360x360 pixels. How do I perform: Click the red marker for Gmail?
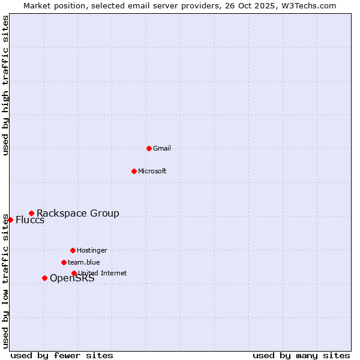click(x=149, y=148)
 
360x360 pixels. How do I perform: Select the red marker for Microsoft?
click(x=134, y=171)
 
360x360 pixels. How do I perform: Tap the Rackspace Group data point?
click(x=31, y=213)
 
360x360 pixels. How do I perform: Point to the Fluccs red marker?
click(x=10, y=220)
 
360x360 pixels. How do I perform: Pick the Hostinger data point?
click(x=73, y=250)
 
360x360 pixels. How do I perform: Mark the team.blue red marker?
click(x=64, y=262)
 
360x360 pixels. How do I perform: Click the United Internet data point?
click(x=74, y=273)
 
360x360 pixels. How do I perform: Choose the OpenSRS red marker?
click(x=44, y=278)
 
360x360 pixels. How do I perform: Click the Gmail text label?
click(x=162, y=148)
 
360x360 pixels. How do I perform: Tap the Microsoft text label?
click(x=152, y=171)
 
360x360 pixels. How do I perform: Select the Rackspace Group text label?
click(x=78, y=213)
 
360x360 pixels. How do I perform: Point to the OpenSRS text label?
click(x=72, y=278)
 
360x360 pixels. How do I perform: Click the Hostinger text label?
click(x=92, y=250)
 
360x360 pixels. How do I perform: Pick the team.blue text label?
click(x=84, y=262)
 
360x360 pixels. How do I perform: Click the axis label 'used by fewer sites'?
click(x=62, y=355)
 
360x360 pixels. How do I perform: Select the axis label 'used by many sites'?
click(x=301, y=355)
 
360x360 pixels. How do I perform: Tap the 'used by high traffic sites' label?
click(x=5, y=85)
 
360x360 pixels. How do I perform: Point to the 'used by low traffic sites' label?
click(x=5, y=281)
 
